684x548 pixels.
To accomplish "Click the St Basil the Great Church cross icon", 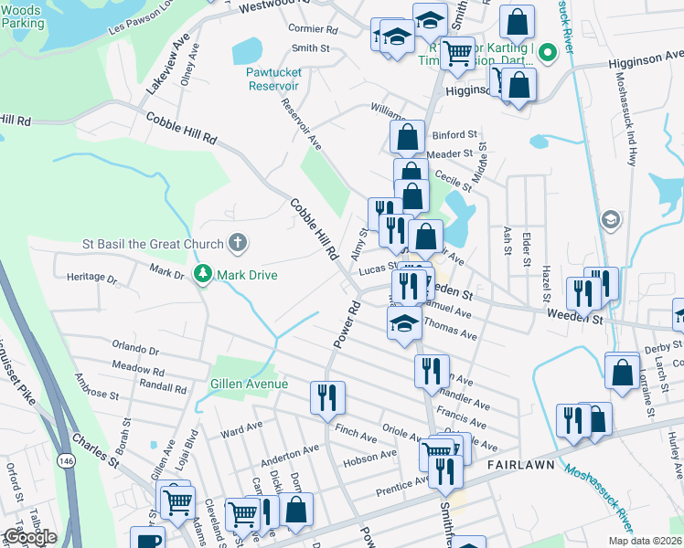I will (237, 244).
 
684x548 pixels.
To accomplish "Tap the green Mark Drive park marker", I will (202, 274).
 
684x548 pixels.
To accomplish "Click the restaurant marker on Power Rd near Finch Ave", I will (326, 397).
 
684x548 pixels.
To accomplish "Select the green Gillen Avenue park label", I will (249, 384).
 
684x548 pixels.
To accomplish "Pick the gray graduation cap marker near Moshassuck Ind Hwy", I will (610, 220).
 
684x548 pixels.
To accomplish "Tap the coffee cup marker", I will (146, 540).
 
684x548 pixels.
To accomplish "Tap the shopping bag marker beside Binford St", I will (407, 138).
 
